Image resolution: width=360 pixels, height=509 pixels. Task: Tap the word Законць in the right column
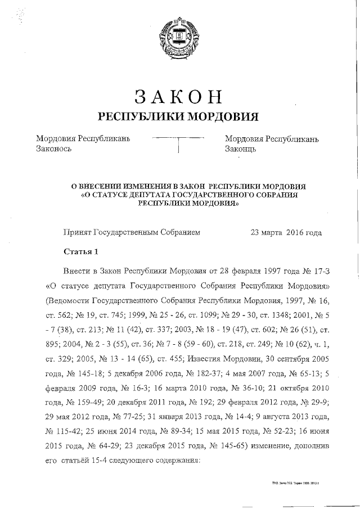click(241, 150)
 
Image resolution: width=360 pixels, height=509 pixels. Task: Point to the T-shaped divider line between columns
click(178, 142)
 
